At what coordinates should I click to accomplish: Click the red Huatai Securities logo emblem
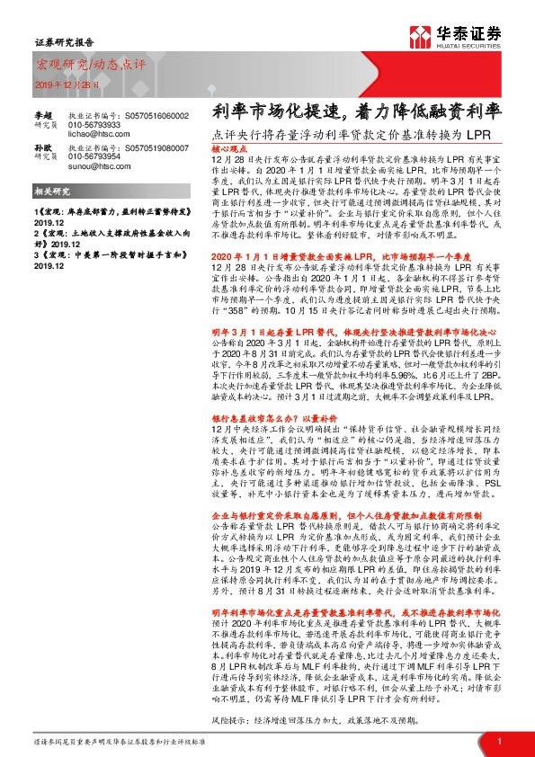point(419,38)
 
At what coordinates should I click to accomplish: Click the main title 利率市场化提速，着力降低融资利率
point(356,111)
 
